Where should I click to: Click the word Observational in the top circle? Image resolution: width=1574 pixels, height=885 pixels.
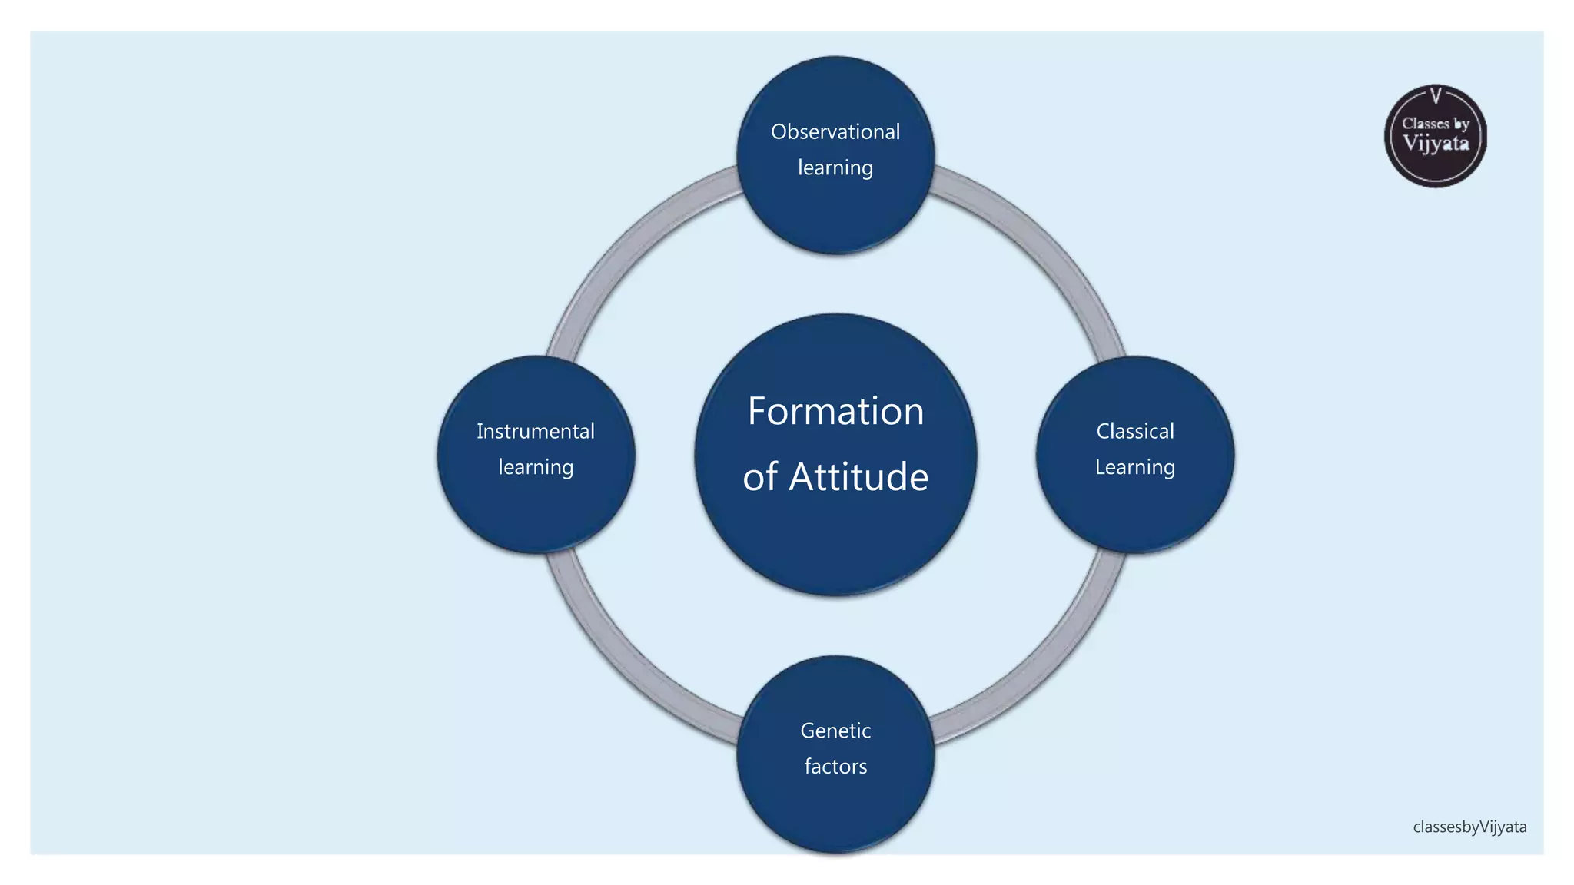pos(835,132)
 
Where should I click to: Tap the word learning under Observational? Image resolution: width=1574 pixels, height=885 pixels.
pos(835,168)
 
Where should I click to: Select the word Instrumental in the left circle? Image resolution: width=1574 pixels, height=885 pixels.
pos(536,432)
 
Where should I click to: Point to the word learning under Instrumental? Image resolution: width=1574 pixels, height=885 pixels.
pos(536,468)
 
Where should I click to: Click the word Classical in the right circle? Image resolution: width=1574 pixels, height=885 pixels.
pos(1135,432)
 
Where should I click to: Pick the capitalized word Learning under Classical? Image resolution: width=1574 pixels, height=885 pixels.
pos(1135,468)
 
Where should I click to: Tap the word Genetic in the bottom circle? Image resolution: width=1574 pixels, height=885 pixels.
pos(835,731)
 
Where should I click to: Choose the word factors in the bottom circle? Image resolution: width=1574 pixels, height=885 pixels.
pos(835,767)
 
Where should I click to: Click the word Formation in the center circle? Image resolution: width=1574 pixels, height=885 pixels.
pos(835,412)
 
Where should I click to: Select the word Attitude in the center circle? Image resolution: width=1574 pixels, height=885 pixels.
pos(858,477)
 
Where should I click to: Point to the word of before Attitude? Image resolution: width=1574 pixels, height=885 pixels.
pos(759,477)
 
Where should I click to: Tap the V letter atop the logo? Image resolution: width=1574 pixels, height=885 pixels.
pos(1436,96)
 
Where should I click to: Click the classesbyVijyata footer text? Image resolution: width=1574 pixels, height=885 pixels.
pos(1469,827)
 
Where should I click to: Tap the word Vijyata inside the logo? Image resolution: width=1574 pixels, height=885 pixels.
pos(1436,144)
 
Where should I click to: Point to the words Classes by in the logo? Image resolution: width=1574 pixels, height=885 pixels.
pos(1436,124)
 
